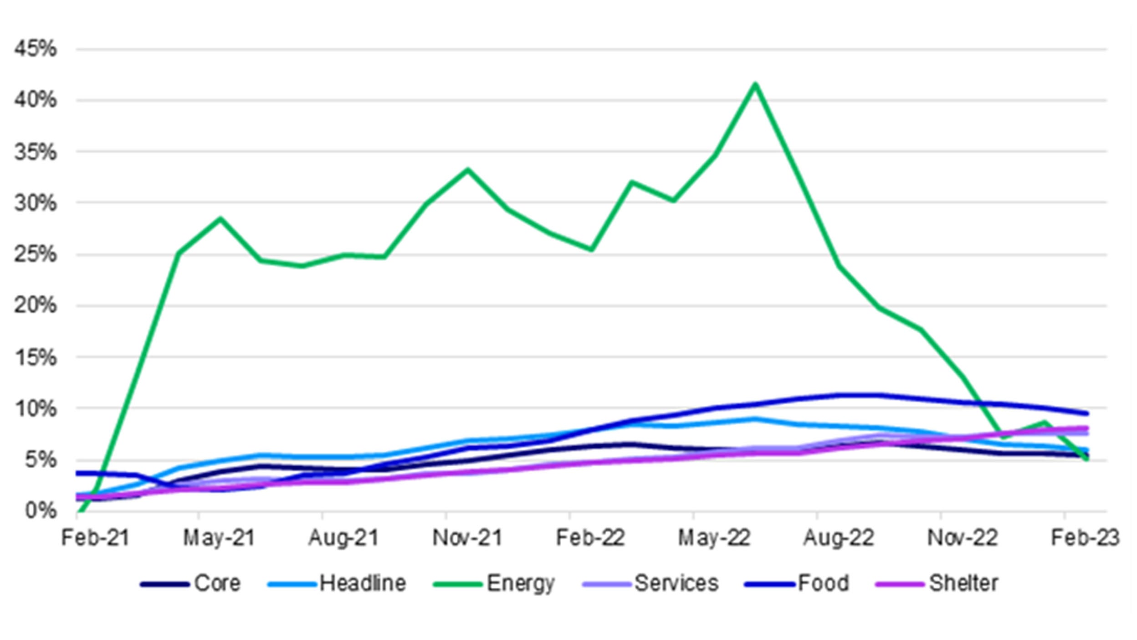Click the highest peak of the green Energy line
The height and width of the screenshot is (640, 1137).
(755, 84)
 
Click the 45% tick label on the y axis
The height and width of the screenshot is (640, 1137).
(36, 48)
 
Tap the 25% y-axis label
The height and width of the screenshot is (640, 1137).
(36, 254)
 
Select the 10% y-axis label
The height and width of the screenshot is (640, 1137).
(36, 408)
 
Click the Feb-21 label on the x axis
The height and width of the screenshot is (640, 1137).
(95, 538)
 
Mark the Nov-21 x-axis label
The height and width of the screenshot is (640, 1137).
(467, 538)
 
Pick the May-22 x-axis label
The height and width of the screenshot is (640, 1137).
(713, 538)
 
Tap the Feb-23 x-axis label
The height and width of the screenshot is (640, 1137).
(1085, 538)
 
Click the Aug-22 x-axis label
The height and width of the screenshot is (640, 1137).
(838, 538)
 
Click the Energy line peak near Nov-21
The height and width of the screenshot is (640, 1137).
(467, 170)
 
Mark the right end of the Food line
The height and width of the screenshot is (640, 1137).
(1087, 413)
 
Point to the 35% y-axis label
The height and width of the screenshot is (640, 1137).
(36, 152)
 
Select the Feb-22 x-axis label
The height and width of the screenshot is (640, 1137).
(590, 538)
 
